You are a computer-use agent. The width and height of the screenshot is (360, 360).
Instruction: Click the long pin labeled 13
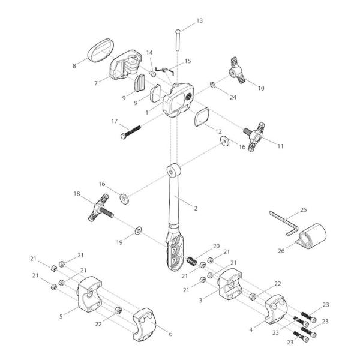(x=178, y=41)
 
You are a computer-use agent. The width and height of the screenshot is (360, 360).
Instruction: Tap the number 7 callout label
(x=96, y=83)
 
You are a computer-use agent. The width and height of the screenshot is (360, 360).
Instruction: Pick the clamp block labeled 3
(x=230, y=284)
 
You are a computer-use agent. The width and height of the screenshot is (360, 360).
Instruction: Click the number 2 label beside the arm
(x=196, y=208)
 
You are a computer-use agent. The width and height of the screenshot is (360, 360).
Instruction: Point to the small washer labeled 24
(x=214, y=85)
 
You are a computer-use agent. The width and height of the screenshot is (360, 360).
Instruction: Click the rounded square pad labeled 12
(x=201, y=117)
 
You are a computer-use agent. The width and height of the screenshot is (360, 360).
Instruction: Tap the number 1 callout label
(x=147, y=112)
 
